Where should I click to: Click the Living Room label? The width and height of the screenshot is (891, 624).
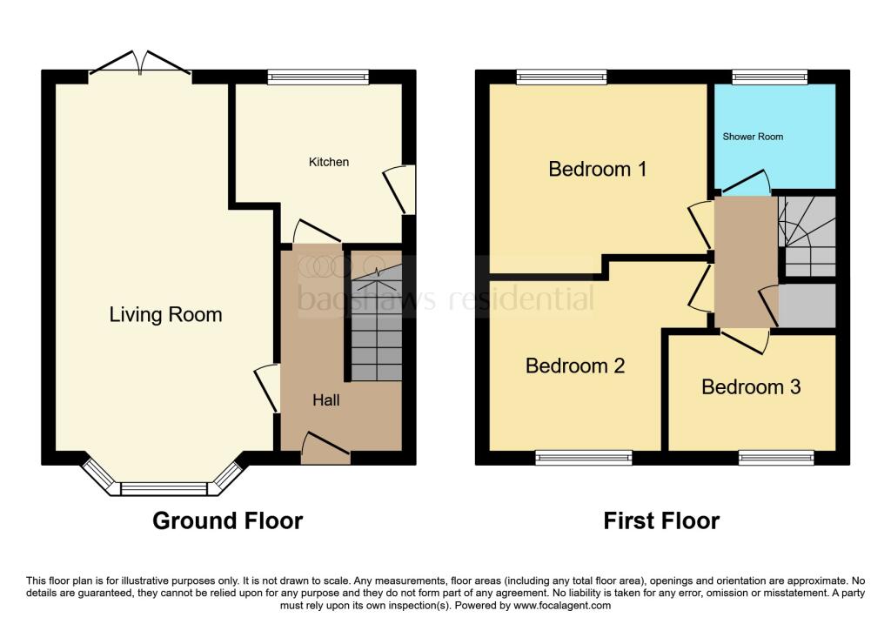click(x=165, y=314)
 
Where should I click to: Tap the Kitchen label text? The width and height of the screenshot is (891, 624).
click(x=328, y=162)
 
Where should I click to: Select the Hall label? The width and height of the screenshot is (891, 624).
click(x=326, y=400)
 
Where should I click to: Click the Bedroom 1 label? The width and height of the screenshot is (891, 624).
click(x=597, y=169)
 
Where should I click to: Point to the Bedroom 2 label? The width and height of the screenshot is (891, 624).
click(x=575, y=366)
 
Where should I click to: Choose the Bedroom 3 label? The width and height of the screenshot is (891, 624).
click(x=751, y=386)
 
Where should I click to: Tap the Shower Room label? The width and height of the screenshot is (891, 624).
click(x=753, y=137)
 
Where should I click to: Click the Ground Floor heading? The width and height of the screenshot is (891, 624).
click(x=228, y=520)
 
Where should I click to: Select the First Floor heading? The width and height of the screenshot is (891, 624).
click(x=661, y=520)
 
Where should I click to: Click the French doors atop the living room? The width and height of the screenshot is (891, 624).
click(x=140, y=63)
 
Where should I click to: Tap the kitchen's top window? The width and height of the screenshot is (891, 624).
click(x=318, y=77)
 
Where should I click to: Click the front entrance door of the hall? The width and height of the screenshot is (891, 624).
click(x=325, y=448)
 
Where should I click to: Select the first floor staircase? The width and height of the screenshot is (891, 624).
click(x=807, y=237)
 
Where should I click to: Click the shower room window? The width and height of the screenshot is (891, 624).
click(x=770, y=77)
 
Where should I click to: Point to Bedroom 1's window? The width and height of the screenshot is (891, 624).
click(x=561, y=77)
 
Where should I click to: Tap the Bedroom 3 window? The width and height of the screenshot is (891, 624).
click(x=776, y=458)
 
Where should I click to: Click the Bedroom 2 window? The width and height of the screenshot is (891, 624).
click(x=584, y=458)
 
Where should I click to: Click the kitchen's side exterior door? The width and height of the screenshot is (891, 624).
click(x=400, y=190)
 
